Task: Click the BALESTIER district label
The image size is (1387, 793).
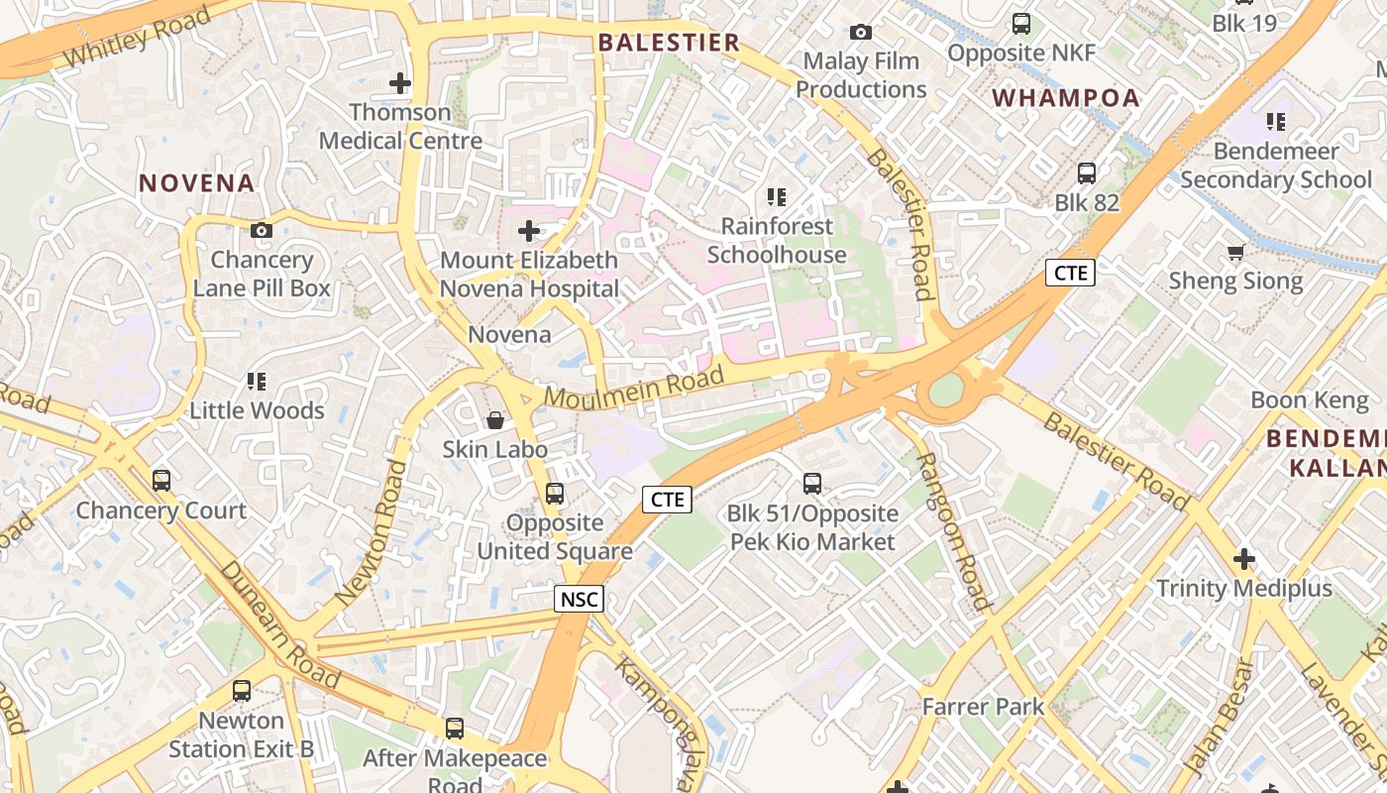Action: (669, 43)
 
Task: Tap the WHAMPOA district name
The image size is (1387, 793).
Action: (1066, 98)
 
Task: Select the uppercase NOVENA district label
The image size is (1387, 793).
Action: (197, 183)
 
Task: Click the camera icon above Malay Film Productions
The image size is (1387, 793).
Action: (861, 33)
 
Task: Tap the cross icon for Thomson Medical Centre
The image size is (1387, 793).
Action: (400, 83)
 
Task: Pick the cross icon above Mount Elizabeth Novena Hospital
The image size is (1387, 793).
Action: (529, 232)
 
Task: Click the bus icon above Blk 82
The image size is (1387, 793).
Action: (1087, 173)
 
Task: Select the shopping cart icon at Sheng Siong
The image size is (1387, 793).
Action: (1235, 253)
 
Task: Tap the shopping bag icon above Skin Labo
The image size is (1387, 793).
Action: (495, 420)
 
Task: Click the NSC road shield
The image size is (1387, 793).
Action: (579, 599)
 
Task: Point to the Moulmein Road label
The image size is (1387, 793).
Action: (634, 389)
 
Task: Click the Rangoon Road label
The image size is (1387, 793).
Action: (951, 530)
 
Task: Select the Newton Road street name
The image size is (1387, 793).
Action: (372, 532)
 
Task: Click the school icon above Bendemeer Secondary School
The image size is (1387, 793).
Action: (1276, 122)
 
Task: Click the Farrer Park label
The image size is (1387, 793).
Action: (983, 707)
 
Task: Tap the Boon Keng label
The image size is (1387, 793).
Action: (1309, 400)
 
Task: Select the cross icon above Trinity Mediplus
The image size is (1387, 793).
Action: (1244, 559)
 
